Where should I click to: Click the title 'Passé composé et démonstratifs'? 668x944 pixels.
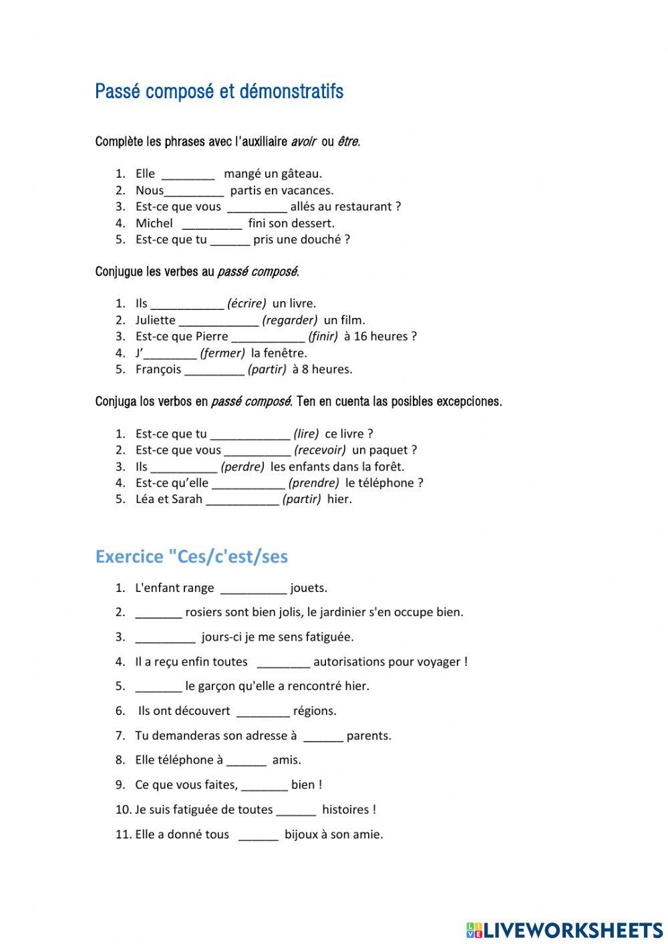coord(219,92)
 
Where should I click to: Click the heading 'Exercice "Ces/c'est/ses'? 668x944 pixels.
coord(192,557)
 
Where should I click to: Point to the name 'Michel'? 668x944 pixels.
coord(154,223)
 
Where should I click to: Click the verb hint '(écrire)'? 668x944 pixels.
coord(246,303)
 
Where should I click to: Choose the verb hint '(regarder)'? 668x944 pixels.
coord(290,320)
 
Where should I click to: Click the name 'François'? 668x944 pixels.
coord(158,369)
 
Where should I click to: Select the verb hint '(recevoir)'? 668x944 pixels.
coord(320,450)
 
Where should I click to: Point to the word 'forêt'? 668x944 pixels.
coord(389,466)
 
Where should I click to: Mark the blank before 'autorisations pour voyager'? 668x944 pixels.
coord(283,663)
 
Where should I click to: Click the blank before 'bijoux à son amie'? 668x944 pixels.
coord(258,835)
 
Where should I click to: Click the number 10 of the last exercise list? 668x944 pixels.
coord(123,810)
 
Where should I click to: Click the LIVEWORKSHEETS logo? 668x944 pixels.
coord(564,929)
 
